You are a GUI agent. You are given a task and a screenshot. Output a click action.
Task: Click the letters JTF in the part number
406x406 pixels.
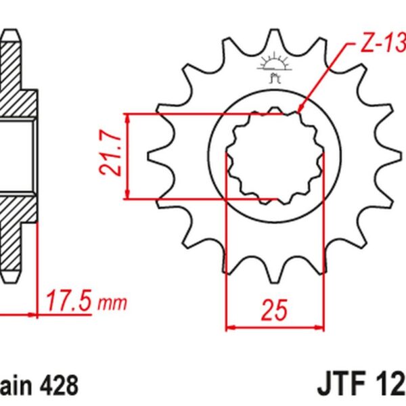pos(338,386)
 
